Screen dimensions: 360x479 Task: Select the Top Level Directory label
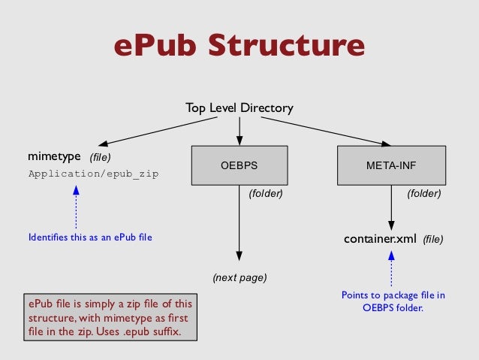point(239,109)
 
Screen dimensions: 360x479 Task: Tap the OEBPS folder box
point(239,165)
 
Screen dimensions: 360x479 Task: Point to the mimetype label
point(54,157)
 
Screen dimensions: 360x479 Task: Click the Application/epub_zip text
point(93,174)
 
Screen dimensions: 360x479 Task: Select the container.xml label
point(379,240)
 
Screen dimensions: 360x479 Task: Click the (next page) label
point(239,277)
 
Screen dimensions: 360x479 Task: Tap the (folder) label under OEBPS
point(265,194)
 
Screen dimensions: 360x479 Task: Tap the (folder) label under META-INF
point(423,194)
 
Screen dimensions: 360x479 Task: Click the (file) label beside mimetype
point(100,158)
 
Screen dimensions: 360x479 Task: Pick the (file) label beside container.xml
point(432,241)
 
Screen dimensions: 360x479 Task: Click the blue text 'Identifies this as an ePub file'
point(89,238)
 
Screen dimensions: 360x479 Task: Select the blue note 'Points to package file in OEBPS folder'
point(393,301)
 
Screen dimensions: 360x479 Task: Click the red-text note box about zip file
point(110,318)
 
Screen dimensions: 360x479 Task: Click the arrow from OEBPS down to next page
point(239,225)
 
